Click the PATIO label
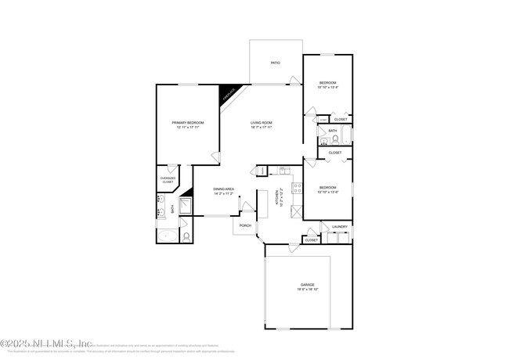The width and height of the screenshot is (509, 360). (275, 63)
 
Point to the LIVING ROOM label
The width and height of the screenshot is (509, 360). (261, 123)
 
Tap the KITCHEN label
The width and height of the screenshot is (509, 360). (277, 200)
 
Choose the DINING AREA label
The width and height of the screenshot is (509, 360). (224, 189)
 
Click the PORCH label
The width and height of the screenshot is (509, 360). (245, 225)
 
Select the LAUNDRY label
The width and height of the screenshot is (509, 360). (339, 227)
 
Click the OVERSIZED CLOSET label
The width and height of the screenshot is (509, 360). (168, 180)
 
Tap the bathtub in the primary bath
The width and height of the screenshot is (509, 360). (167, 236)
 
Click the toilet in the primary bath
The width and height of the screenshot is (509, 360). (186, 236)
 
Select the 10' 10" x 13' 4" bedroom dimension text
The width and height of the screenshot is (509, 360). (327, 88)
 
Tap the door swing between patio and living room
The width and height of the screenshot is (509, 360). (294, 80)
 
